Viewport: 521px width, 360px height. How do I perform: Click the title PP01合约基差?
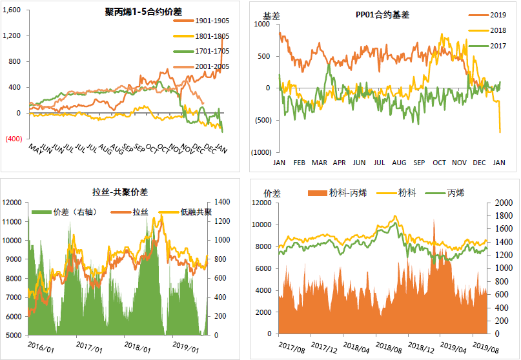(x=383, y=14)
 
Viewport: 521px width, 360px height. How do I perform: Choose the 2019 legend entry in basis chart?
(x=497, y=14)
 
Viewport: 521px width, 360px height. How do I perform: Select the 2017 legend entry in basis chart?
(x=497, y=46)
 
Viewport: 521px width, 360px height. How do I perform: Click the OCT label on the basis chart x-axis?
(x=439, y=163)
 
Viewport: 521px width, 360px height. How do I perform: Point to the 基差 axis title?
(x=271, y=14)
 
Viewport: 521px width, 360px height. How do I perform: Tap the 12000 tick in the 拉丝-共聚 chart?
(x=14, y=203)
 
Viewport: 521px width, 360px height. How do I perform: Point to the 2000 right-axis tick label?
(x=498, y=203)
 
